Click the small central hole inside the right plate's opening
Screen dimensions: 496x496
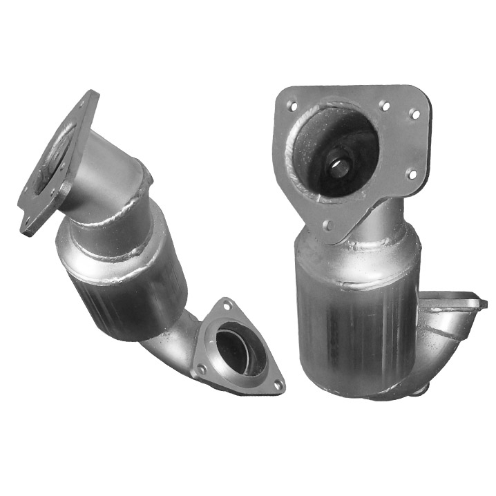pos(339,165)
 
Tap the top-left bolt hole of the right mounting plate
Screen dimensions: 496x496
pos(291,106)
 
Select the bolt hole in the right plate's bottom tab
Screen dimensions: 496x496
pos(327,225)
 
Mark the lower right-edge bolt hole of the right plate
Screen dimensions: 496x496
pos(412,174)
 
